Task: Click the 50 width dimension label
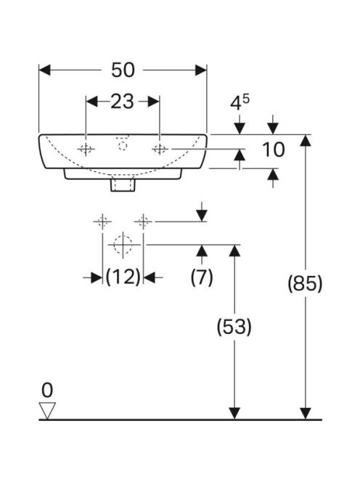point(123,70)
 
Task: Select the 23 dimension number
point(122,102)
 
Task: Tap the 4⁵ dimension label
point(240,102)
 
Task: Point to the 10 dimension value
point(274,150)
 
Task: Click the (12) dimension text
point(123,277)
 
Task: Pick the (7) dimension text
point(202,277)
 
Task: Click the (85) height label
point(305,283)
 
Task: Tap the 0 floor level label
point(47,391)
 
